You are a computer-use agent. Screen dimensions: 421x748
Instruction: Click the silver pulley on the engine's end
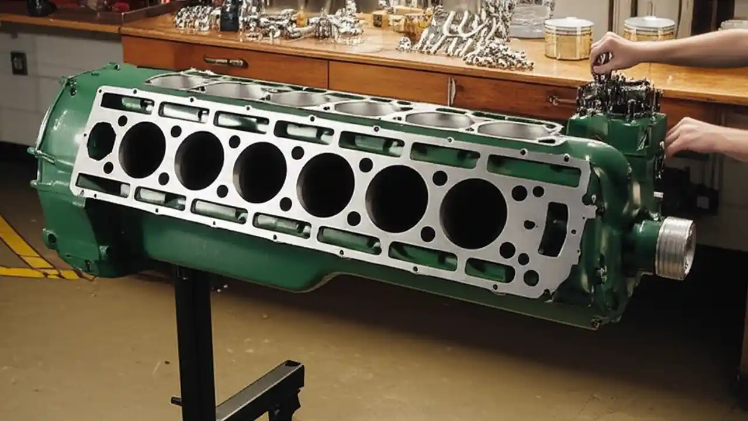676,248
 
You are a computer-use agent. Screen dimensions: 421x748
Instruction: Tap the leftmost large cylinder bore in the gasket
141,149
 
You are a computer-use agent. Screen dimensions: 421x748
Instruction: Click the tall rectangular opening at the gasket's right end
553,229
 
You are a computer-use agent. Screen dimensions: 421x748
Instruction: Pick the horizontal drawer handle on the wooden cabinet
225,61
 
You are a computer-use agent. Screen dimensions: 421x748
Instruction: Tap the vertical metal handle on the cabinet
451,91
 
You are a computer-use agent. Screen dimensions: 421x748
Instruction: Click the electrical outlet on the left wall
19,63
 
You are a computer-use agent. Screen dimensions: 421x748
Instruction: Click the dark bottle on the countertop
229,16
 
